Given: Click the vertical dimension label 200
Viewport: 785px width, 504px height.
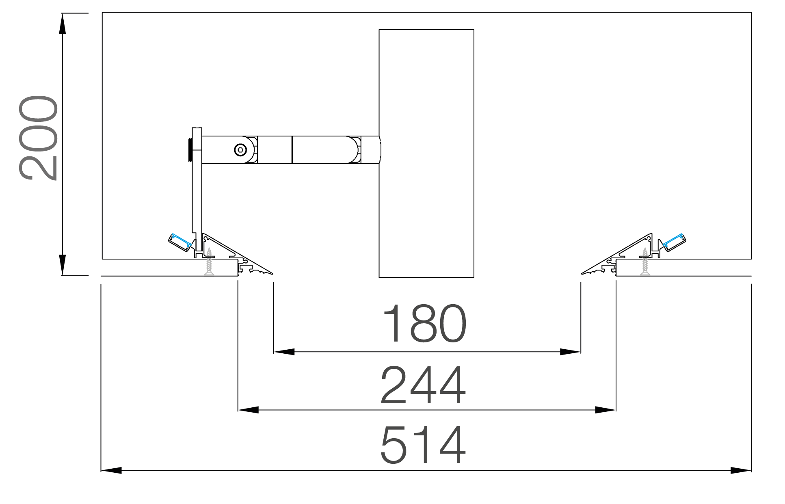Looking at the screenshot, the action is [x=38, y=138].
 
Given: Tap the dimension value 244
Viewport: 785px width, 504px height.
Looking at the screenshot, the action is [x=423, y=385].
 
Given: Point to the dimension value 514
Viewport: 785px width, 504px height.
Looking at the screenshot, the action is [x=423, y=445].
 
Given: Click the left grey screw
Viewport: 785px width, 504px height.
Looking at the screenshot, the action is [x=209, y=262].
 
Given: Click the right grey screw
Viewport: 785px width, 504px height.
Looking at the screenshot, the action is [x=645, y=262].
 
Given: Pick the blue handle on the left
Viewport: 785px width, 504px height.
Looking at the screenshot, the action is [x=181, y=240].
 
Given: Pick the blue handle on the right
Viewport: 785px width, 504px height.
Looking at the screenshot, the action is [x=673, y=240].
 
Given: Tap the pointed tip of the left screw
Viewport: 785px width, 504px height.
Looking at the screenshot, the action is [x=209, y=249].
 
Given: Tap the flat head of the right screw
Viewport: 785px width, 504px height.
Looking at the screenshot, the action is [x=645, y=275].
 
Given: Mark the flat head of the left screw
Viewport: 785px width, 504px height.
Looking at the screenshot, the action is [x=209, y=275].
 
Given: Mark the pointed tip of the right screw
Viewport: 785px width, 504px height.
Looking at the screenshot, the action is [x=645, y=249].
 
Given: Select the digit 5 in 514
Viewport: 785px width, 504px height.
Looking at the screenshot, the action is [x=394, y=445].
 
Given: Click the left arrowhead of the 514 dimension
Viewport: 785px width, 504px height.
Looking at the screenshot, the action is [x=111, y=470].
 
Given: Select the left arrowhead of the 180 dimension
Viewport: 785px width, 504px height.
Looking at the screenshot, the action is [x=284, y=352].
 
